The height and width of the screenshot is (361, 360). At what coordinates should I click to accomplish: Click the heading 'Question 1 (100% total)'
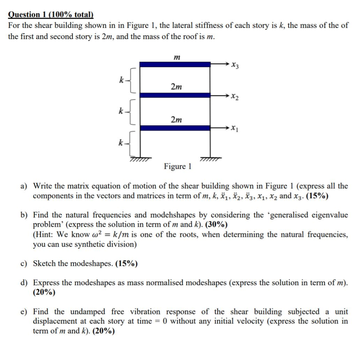(x=51, y=14)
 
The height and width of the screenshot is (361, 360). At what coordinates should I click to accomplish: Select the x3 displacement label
(x=235, y=65)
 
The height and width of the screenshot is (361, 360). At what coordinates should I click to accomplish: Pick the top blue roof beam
(x=175, y=64)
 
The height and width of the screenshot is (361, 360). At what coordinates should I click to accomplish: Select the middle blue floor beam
(x=175, y=95)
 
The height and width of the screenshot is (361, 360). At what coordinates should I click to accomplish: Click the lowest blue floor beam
(x=175, y=128)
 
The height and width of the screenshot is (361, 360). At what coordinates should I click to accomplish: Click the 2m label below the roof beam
(x=176, y=87)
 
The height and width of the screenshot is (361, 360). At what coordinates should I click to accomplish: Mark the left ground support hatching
(x=140, y=160)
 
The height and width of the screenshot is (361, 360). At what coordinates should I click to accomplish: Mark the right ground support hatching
(x=210, y=160)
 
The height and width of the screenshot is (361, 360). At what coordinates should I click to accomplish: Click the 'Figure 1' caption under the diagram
(x=178, y=166)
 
